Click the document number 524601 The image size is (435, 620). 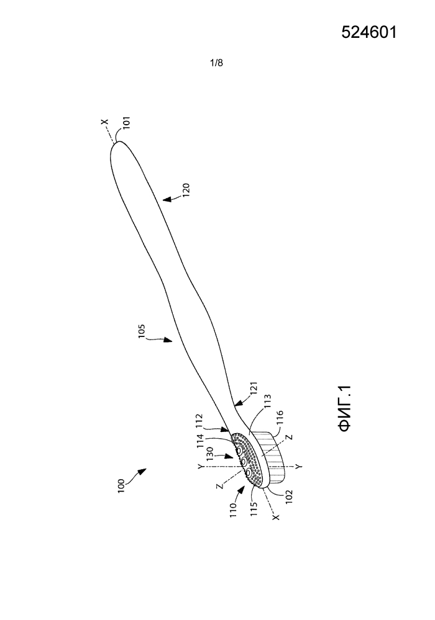(x=369, y=32)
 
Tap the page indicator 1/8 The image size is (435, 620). (x=216, y=63)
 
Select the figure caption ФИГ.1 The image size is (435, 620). (x=345, y=408)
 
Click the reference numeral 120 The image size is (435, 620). (x=186, y=190)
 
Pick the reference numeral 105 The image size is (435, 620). (x=142, y=331)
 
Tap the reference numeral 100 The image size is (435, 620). (x=121, y=486)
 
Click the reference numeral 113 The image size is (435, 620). (x=268, y=401)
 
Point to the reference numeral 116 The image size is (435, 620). (x=280, y=417)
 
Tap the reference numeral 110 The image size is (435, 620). (x=232, y=511)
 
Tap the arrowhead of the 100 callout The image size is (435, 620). (x=144, y=470)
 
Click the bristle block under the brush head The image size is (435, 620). (x=271, y=457)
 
